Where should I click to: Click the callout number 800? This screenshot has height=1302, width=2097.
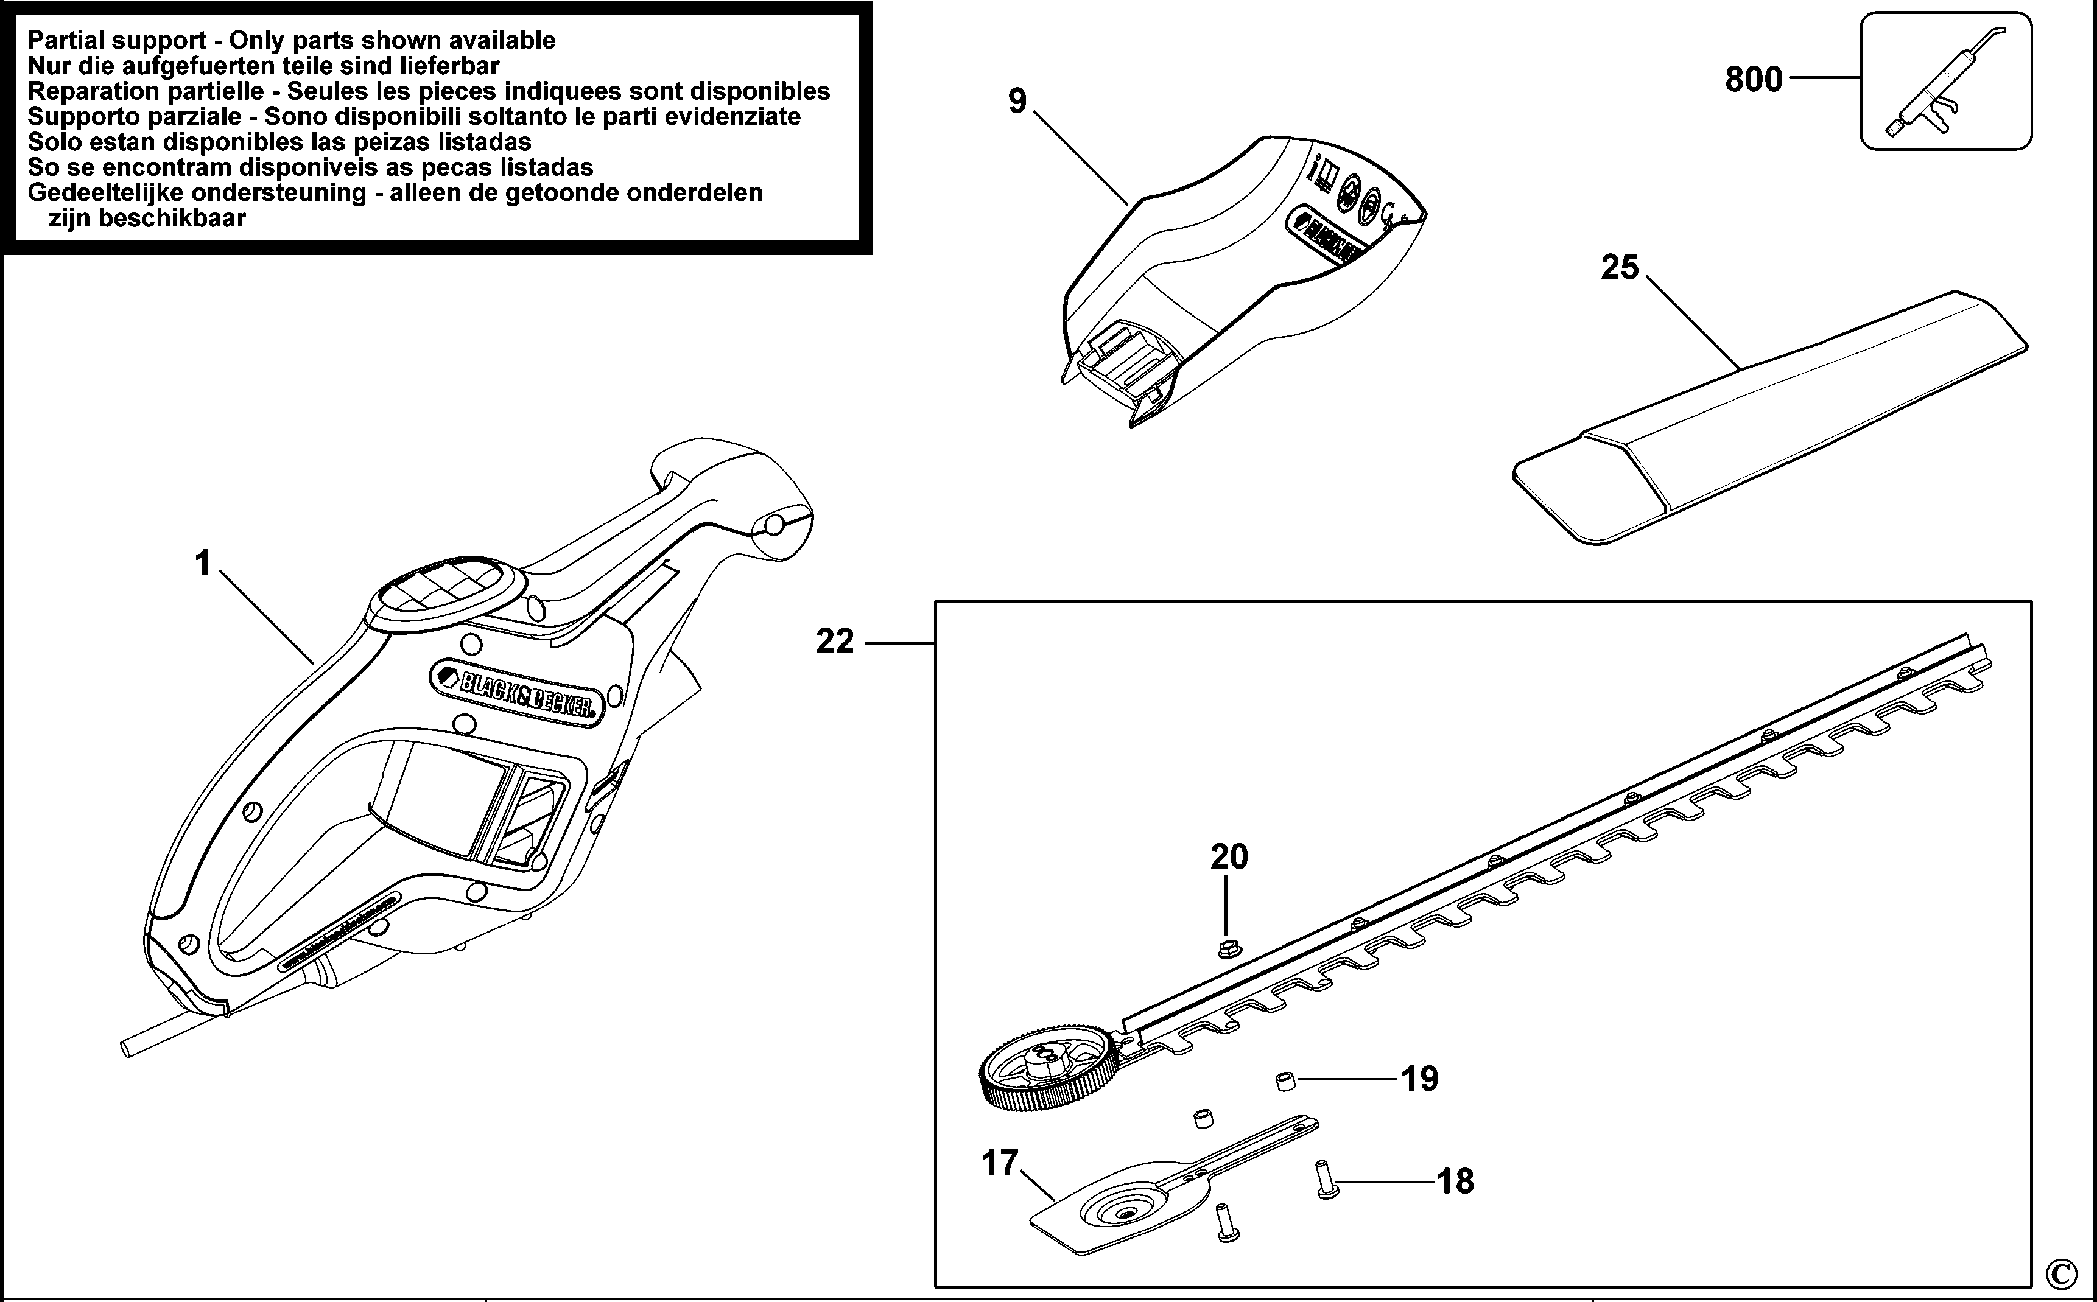pyautogui.click(x=1754, y=79)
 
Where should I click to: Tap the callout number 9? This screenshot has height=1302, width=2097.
pyautogui.click(x=1017, y=102)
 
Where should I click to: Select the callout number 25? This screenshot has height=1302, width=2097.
pyautogui.click(x=1619, y=267)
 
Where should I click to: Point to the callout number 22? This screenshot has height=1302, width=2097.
pyautogui.click(x=835, y=642)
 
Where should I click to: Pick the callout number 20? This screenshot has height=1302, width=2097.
pyautogui.click(x=1229, y=857)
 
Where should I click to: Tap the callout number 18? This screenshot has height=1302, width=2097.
pyautogui.click(x=1455, y=1181)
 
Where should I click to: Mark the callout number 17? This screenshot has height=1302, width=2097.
pyautogui.click(x=1000, y=1163)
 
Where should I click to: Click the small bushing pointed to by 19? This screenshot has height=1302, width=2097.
pyautogui.click(x=1285, y=1080)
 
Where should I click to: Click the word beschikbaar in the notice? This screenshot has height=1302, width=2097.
pyautogui.click(x=147, y=218)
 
